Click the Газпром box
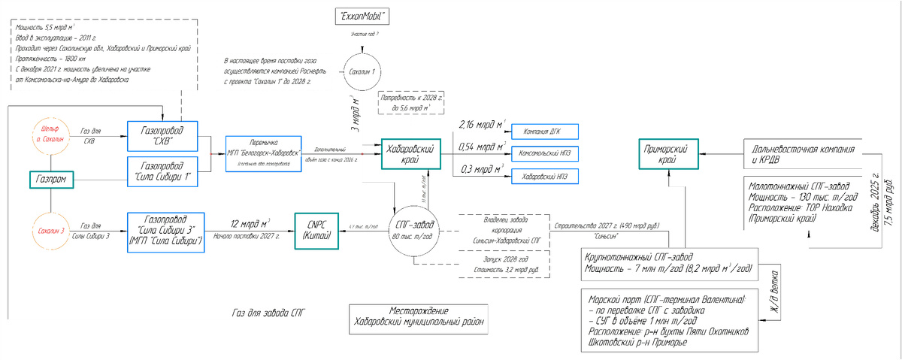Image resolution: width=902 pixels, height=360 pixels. coord(50,180)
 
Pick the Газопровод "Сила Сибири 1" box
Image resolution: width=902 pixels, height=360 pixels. coord(164,173)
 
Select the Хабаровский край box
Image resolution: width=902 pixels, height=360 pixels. coord(410,154)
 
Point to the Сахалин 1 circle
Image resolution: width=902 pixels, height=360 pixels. coord(362,70)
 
